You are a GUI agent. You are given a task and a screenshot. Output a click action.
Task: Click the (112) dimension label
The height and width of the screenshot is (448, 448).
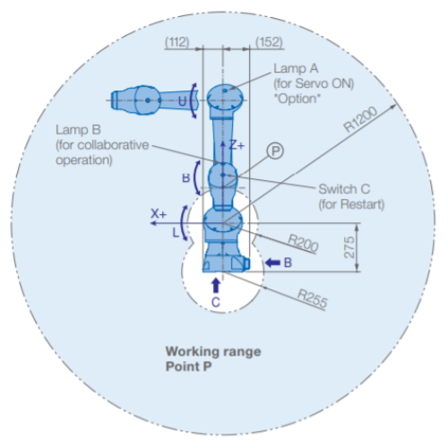(x=177, y=42)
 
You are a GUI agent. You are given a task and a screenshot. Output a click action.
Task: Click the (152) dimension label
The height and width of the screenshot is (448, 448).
(x=269, y=42)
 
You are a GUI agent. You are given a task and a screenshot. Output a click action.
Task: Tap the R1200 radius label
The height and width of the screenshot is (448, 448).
(x=360, y=119)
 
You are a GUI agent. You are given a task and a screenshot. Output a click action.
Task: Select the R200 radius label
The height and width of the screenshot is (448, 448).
(x=303, y=243)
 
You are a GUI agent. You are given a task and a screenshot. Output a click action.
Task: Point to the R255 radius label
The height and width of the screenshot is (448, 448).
(x=313, y=298)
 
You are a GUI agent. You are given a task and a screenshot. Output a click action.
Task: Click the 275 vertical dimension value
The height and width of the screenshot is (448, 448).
(x=349, y=247)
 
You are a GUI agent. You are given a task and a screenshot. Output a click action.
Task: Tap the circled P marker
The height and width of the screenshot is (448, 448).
(x=275, y=151)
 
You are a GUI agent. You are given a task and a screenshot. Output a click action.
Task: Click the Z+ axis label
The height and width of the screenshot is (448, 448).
(x=237, y=145)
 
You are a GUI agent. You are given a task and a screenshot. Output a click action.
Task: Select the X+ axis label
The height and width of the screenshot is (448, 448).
(x=159, y=214)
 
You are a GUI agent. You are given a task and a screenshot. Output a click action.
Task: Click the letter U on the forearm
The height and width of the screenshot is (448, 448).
(x=183, y=101)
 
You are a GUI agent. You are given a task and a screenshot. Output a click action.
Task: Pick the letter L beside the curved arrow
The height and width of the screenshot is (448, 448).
(x=176, y=232)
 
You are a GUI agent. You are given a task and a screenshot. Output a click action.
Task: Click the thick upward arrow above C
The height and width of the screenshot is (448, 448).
(x=216, y=286)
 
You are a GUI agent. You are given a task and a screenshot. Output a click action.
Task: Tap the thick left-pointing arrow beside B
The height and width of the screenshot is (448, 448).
(x=272, y=263)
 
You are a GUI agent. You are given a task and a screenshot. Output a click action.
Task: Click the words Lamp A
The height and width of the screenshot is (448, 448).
(x=296, y=68)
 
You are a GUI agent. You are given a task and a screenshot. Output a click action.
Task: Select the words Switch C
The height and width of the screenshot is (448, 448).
(x=344, y=189)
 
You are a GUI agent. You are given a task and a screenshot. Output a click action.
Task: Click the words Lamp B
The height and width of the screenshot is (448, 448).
(x=78, y=130)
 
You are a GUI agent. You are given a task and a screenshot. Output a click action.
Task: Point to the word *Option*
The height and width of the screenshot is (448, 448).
(x=297, y=99)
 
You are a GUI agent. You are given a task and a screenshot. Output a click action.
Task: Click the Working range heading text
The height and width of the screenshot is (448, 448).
(x=213, y=351)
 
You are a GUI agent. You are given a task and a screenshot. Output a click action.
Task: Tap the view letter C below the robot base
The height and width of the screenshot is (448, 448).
(x=216, y=303)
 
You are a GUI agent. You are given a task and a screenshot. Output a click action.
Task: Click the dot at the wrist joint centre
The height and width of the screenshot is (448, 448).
(x=222, y=175)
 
